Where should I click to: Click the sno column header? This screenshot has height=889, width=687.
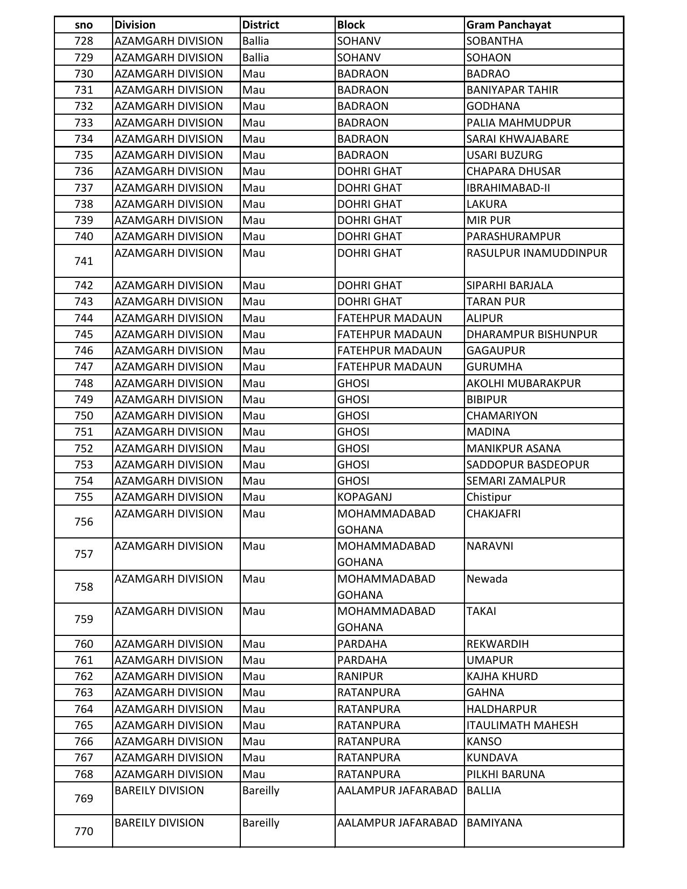point(84,25)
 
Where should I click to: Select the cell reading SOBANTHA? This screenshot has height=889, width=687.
point(494,41)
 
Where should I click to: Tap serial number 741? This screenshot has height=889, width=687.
point(84,261)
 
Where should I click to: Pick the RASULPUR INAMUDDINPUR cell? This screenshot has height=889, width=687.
point(537,253)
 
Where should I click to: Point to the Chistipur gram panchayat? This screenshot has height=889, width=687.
point(489,497)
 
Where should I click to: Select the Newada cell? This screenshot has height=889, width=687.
point(487,579)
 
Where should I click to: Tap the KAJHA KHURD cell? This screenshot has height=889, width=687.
point(502,676)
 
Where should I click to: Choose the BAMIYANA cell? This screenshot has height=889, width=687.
point(494,823)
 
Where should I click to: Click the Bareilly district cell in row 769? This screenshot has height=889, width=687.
point(261,790)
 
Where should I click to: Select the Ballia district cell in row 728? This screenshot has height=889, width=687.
point(255,41)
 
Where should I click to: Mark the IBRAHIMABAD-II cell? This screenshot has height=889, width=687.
point(508,188)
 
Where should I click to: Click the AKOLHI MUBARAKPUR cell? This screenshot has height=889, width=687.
point(523,383)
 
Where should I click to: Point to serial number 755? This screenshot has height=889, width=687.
point(84,497)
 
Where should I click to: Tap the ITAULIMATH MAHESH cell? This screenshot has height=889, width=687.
point(522,725)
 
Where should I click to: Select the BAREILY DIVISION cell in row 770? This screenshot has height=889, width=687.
point(159,823)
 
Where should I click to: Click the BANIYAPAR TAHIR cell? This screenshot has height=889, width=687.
point(512,90)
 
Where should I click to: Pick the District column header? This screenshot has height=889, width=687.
point(260,25)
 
